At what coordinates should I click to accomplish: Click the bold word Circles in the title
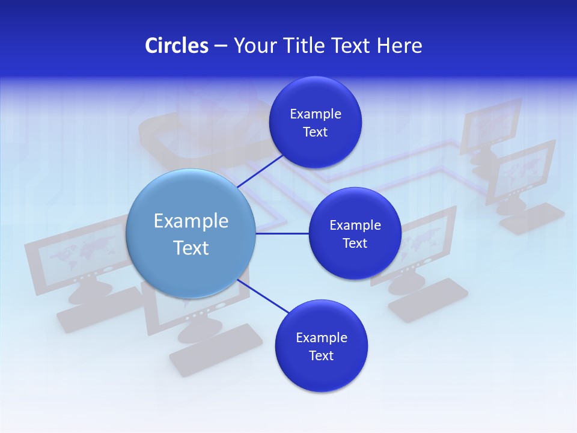[176, 45]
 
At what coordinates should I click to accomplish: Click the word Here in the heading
[399, 45]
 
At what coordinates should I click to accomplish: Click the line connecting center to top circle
[260, 171]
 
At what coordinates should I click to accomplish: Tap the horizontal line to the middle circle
[282, 233]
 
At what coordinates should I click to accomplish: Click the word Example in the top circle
[315, 114]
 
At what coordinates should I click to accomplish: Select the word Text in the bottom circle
[321, 355]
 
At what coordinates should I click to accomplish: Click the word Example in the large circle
[191, 221]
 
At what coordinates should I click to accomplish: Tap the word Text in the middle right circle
[355, 243]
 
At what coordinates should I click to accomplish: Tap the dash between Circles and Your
[221, 46]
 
